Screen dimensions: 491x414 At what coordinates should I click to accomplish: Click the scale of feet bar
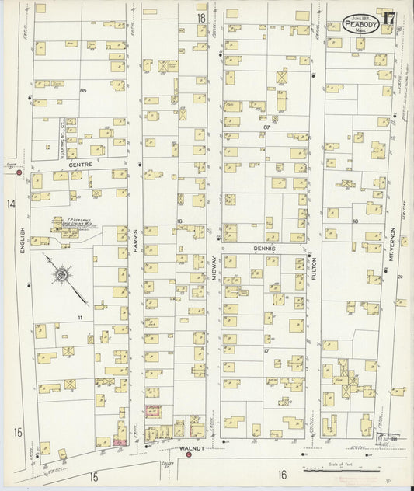coord(342,469)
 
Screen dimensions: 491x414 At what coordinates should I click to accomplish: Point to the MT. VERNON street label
coord(392,243)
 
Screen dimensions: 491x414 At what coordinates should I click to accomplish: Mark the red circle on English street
coord(19,173)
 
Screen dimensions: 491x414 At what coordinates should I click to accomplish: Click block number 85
coord(82,91)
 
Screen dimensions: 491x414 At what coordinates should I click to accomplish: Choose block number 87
coord(266,127)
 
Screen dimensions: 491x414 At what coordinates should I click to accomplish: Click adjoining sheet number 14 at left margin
coord(11,204)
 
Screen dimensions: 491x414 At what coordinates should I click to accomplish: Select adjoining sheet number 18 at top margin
coord(201,17)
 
